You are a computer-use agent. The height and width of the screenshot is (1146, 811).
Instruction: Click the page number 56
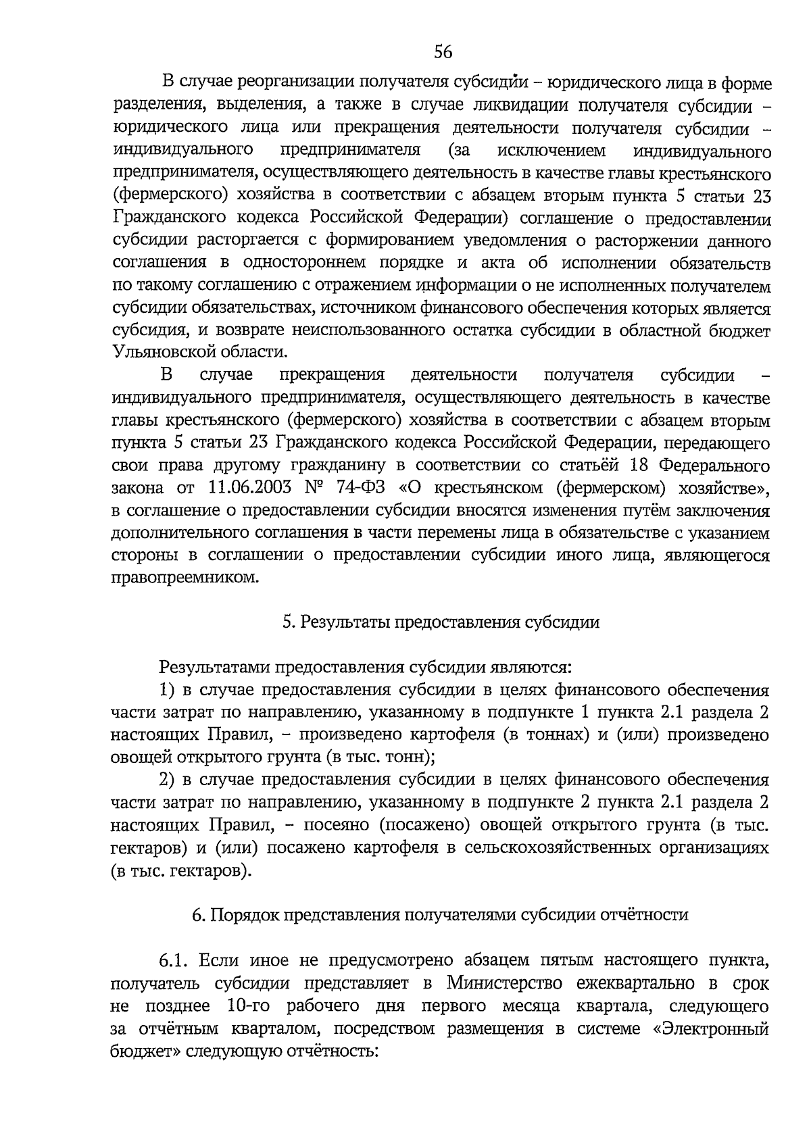[x=443, y=51]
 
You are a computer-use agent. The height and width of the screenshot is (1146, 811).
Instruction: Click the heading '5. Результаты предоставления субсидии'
[x=441, y=622]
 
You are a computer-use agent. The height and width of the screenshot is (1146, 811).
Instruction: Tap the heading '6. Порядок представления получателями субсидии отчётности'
[x=440, y=915]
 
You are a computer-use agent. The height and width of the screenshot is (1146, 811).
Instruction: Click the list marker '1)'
[x=167, y=690]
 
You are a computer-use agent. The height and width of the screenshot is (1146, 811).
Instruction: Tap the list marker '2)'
[x=167, y=780]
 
